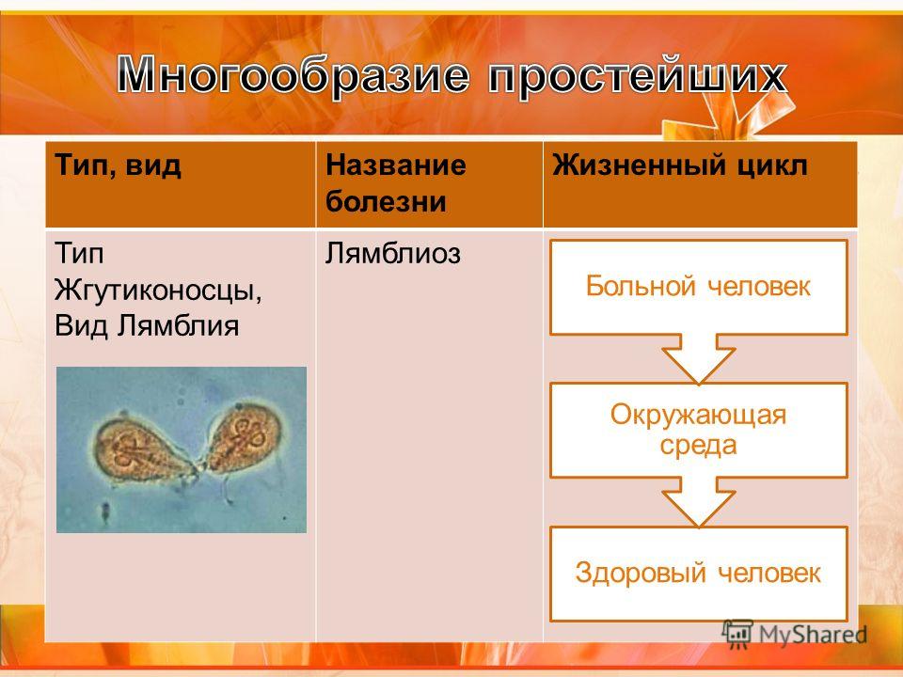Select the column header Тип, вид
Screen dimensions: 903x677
(x=119, y=166)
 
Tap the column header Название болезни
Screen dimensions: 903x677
(x=396, y=183)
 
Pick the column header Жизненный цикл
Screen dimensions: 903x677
(x=680, y=165)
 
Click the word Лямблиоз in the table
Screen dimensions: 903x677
(x=393, y=253)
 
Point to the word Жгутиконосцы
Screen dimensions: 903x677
(x=158, y=290)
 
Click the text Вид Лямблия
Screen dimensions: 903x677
(x=147, y=326)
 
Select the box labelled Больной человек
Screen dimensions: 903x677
(x=699, y=288)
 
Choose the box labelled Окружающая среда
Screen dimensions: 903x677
(x=699, y=430)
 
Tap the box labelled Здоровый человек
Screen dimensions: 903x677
(x=699, y=574)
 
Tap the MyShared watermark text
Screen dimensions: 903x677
(x=813, y=635)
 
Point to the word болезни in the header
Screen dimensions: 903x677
(x=386, y=201)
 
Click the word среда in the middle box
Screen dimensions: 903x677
(x=699, y=445)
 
